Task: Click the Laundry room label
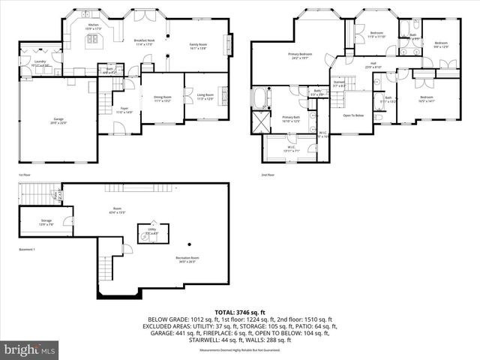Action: (40, 63)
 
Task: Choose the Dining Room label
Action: (163, 97)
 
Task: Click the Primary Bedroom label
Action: (299, 55)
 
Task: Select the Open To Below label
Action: (353, 115)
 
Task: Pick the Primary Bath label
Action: (291, 118)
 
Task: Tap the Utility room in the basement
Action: (152, 232)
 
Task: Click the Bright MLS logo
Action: (30, 350)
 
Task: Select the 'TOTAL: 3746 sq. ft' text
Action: (239, 311)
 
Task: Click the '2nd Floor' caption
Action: (268, 175)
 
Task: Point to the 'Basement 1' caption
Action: (27, 249)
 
